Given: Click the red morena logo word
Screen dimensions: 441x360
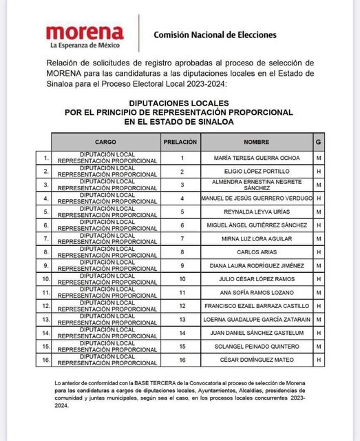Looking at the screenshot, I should (x=85, y=32).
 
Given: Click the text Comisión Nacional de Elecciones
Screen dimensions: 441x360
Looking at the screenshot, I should (x=215, y=34).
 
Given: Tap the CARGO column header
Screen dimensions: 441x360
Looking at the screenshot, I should (x=105, y=141).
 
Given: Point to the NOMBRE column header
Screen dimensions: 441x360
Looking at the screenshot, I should (x=256, y=141).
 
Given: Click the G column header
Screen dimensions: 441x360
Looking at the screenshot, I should (x=319, y=141).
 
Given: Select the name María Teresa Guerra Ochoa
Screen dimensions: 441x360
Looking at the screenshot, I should (x=256, y=158).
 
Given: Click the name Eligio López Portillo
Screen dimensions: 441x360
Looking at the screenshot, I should (x=256, y=172).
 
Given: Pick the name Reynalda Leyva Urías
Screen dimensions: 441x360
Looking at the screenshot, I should (x=256, y=212).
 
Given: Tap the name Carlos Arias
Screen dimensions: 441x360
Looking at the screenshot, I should (x=256, y=252).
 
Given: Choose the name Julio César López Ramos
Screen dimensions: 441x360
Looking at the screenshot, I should (x=256, y=279).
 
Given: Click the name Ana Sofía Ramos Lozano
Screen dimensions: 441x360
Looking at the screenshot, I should (x=256, y=292).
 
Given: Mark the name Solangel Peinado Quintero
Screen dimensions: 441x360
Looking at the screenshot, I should (x=256, y=346).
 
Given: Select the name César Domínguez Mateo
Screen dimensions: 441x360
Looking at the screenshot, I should (x=256, y=359).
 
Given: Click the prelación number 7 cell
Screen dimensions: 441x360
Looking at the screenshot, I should (x=182, y=238).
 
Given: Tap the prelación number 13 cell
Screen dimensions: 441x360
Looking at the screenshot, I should (x=182, y=319).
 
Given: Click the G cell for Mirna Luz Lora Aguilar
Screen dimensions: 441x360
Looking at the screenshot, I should (x=319, y=238).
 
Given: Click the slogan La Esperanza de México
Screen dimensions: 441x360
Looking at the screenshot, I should (x=85, y=45).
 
